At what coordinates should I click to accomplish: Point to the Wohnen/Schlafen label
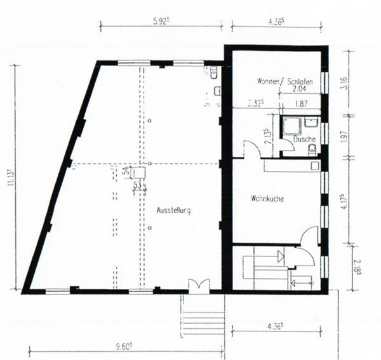click(x=283, y=82)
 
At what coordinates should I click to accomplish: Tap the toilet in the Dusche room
click(x=312, y=149)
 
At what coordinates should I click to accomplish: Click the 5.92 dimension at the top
click(x=162, y=20)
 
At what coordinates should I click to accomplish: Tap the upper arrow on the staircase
click(x=280, y=256)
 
